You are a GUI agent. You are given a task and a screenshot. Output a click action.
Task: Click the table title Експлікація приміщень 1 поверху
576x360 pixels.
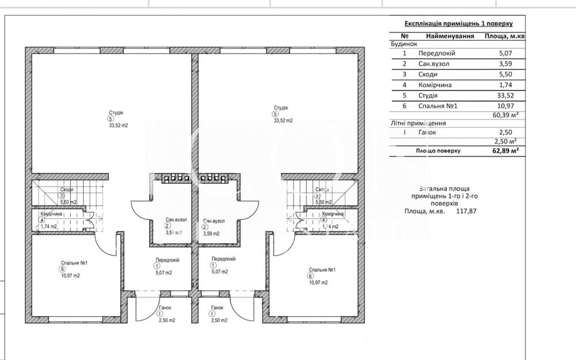click(x=458, y=24)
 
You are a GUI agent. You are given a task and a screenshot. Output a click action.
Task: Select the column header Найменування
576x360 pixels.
click(x=450, y=36)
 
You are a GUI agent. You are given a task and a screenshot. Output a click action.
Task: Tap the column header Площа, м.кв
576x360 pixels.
click(x=505, y=36)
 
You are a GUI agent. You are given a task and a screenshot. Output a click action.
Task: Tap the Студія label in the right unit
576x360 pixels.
click(x=281, y=108)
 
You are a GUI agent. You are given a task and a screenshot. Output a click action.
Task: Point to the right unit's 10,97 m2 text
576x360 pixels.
click(x=318, y=282)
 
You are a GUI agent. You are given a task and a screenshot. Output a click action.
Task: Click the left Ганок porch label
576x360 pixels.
click(x=165, y=308)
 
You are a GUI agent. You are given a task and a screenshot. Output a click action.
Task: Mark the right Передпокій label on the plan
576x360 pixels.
click(x=222, y=259)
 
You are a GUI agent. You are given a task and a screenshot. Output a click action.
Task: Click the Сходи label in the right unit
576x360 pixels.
click(x=322, y=190)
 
